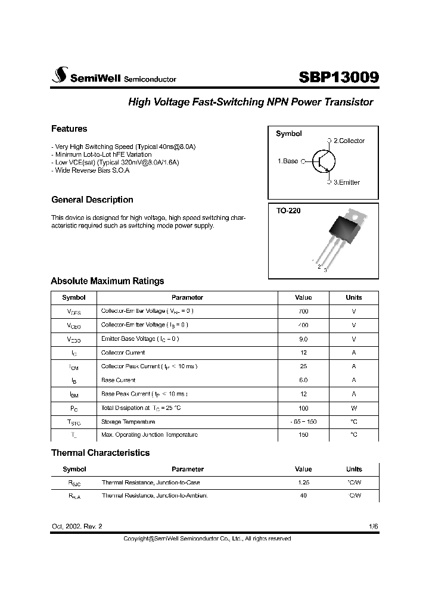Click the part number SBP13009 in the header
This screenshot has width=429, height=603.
point(338,77)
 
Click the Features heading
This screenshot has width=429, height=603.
point(69,129)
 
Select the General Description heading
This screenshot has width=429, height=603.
point(92,200)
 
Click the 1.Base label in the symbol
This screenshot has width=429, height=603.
point(288,161)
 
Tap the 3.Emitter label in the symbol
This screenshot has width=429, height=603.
point(346,182)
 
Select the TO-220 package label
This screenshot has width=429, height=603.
point(288,211)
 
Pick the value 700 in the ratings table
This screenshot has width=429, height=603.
point(303,311)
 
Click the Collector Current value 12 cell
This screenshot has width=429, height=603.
point(303,352)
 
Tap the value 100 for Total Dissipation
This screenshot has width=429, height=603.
point(303,408)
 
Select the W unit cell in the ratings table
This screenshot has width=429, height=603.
point(353,408)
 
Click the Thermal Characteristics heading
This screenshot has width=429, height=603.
point(100,453)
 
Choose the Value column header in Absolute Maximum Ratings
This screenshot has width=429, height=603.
point(303,297)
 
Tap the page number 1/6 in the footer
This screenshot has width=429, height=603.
point(373,527)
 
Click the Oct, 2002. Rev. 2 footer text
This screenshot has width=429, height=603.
point(77,527)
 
